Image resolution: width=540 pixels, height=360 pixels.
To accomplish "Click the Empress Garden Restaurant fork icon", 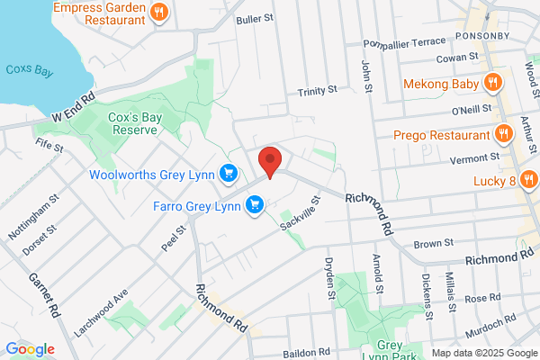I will [158, 12].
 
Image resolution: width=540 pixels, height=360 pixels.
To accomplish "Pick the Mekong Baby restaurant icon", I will [492, 83].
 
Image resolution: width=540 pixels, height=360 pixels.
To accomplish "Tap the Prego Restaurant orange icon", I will [504, 136].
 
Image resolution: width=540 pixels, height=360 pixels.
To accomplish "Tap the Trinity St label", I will [317, 91].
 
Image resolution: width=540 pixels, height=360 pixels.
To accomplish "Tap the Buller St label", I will [253, 18].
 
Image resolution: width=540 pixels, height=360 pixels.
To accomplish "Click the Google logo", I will [31, 348].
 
